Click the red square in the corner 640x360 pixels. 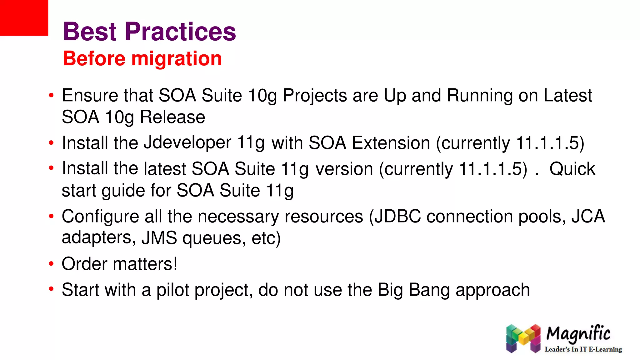24,18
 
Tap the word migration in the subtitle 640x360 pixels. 177,58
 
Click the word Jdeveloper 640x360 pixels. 187,143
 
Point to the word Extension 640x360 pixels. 391,143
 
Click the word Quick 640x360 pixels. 572,169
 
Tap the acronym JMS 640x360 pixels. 159,238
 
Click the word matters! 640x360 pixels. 145,264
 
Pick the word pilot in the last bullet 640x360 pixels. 173,290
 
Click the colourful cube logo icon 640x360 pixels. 523,338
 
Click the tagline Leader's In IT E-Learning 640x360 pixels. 583,349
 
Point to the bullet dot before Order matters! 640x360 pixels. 51,263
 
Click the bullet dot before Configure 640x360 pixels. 51,216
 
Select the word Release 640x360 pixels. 172,117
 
